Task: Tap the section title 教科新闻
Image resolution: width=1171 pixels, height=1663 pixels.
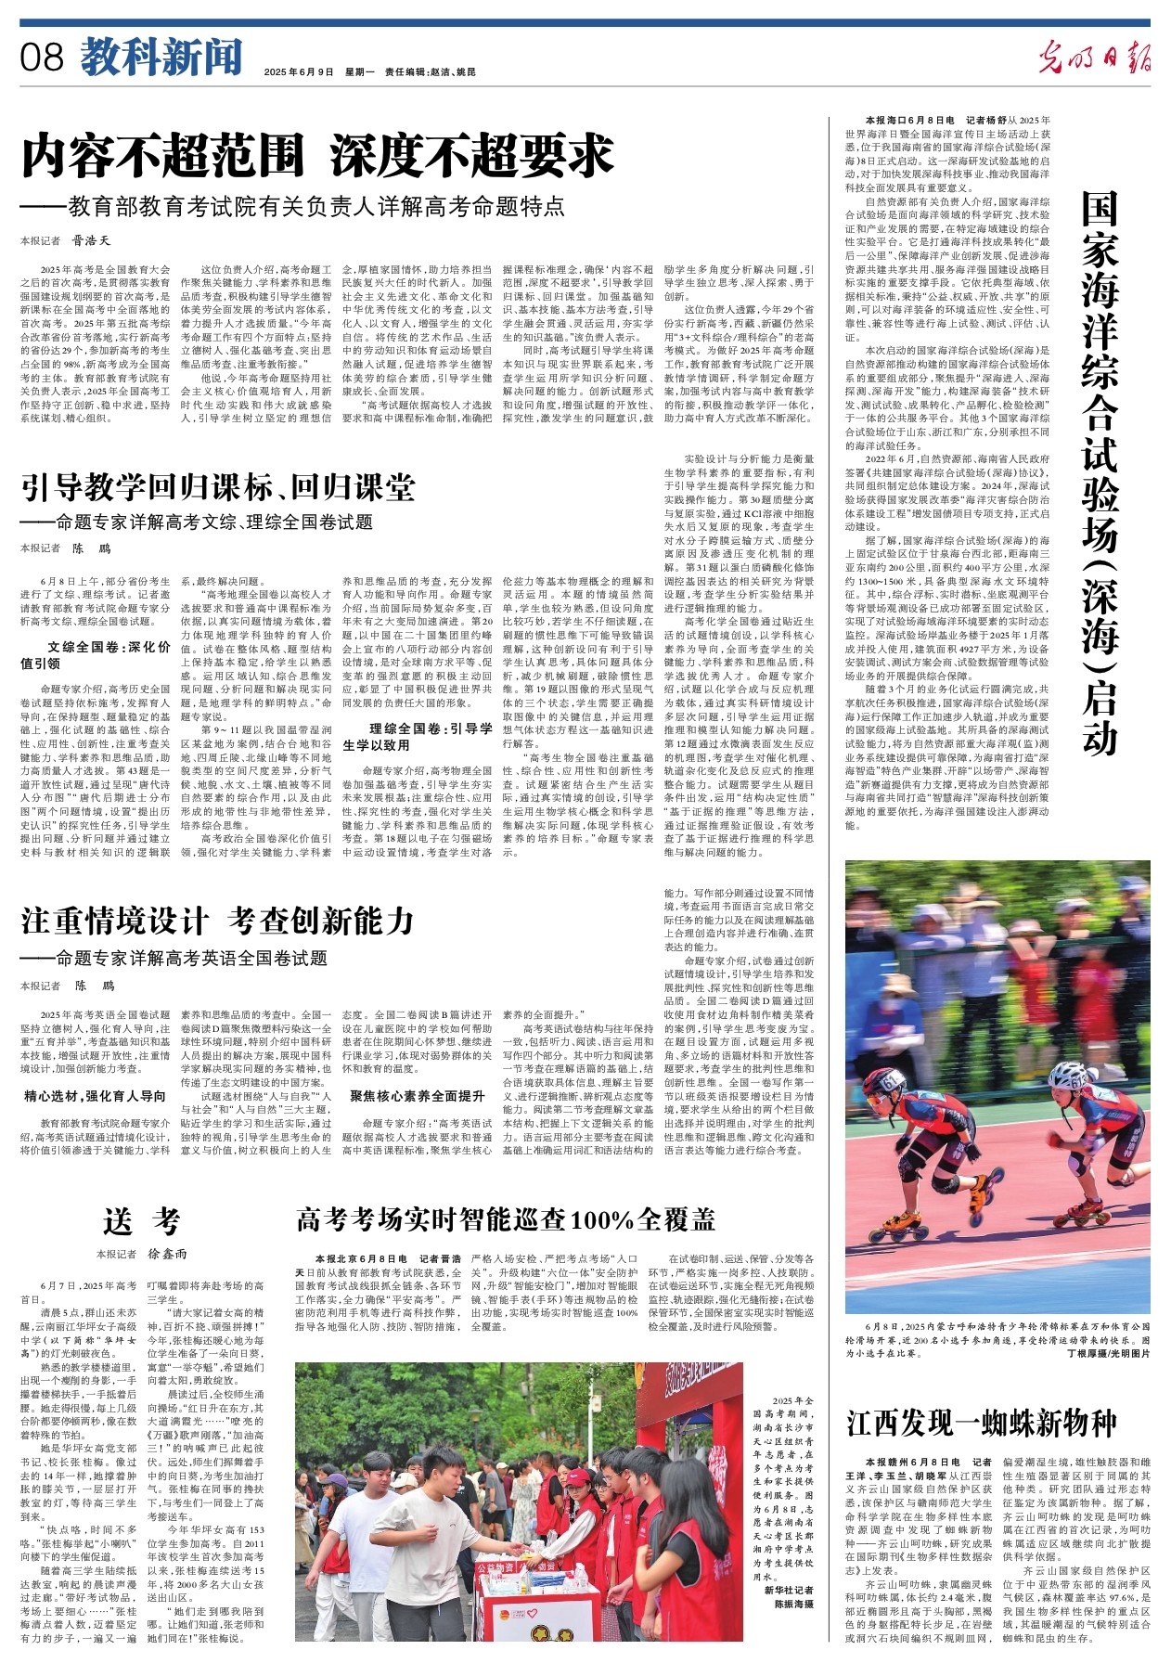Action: (x=161, y=58)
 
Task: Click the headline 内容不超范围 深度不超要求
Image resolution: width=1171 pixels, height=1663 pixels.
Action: (x=318, y=156)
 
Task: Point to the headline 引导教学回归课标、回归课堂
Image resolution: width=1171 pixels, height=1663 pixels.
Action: (x=218, y=487)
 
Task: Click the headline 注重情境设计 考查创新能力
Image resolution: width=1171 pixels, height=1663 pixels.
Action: (x=217, y=921)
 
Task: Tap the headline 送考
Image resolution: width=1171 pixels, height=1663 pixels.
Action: (x=142, y=1221)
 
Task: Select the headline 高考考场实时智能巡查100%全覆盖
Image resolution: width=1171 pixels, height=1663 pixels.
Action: (x=506, y=1218)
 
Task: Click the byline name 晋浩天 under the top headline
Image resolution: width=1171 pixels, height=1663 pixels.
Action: (x=92, y=241)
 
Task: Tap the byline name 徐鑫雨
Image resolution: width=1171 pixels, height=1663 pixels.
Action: (x=168, y=1254)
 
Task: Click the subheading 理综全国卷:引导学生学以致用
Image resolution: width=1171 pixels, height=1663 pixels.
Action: (x=418, y=736)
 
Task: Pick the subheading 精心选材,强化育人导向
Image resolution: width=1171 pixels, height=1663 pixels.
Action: (x=96, y=1096)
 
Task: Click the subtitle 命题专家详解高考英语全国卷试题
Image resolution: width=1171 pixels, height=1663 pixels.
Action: (x=191, y=958)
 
